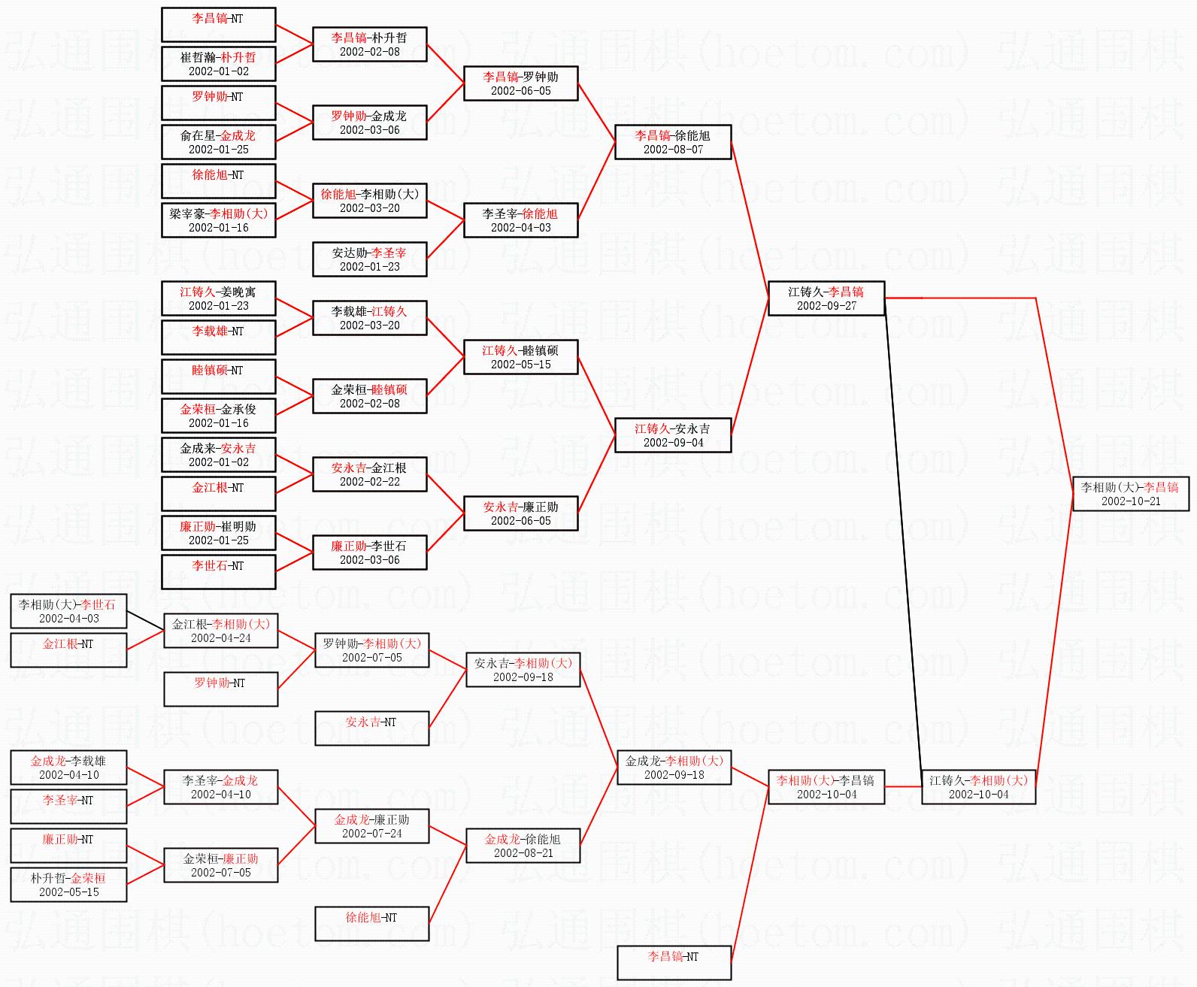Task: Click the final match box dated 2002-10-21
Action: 1130,494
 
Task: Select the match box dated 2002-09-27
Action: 826,298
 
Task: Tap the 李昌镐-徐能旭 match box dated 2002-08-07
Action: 673,142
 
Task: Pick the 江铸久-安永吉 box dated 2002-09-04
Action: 673,435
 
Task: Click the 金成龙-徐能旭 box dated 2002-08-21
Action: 523,846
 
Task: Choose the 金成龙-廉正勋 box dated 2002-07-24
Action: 371,826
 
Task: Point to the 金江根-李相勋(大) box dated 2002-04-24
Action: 220,631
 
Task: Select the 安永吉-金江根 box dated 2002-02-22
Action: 369,474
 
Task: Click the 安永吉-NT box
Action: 371,728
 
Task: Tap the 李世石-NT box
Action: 218,572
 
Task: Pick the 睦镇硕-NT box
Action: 218,377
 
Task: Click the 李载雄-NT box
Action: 218,338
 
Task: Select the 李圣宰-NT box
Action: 68,807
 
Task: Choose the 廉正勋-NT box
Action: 68,846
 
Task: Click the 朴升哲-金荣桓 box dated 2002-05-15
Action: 68,885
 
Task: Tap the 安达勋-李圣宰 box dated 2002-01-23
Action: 369,259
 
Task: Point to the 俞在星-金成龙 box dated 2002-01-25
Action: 218,142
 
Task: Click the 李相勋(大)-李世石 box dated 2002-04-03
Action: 68,611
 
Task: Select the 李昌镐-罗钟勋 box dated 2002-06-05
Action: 520,83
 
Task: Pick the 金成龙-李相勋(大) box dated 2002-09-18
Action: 674,767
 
